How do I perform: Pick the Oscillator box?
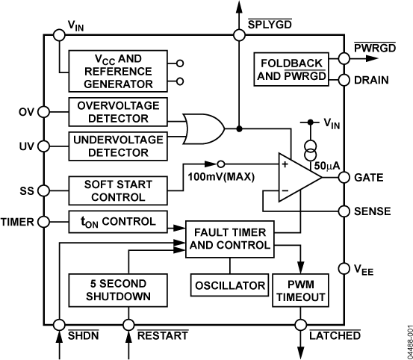[x=230, y=286]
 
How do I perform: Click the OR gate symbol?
[x=202, y=128]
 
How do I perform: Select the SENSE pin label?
[x=373, y=211]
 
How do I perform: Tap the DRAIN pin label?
[x=372, y=79]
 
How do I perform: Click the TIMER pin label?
[x=17, y=221]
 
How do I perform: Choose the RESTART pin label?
[x=162, y=336]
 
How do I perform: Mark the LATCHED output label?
[x=334, y=336]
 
